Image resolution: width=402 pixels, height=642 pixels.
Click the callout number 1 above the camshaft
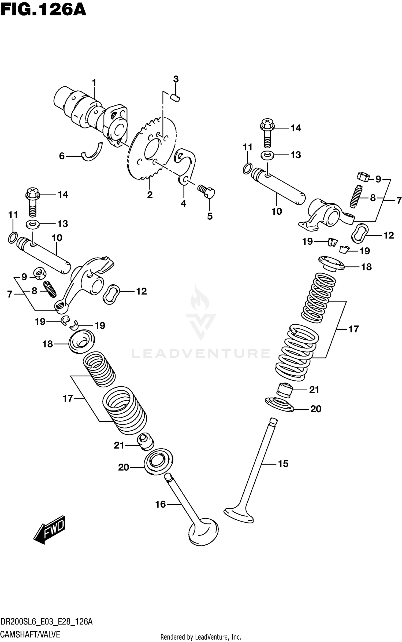pos(94,83)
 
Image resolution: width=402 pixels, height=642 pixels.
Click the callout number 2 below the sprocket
pos(150,195)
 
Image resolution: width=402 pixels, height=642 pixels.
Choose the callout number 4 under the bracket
pos(183,204)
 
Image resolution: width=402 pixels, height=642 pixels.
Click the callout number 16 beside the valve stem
pos(161,504)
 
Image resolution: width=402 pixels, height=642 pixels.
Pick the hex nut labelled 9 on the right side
pos(363,177)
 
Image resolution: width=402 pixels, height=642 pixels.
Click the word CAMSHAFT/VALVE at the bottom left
pos(30,632)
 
